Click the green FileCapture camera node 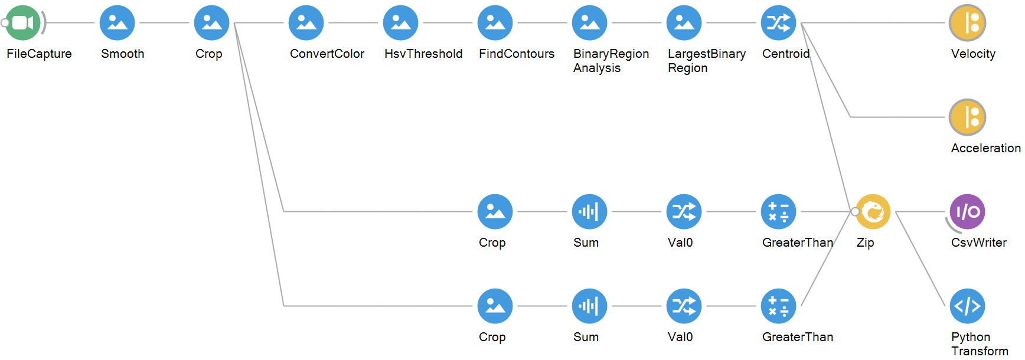click(x=23, y=23)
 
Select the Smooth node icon click(x=117, y=23)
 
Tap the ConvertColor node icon click(x=306, y=23)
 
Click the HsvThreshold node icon click(x=401, y=23)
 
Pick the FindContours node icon click(x=495, y=23)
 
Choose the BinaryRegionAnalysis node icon click(x=590, y=23)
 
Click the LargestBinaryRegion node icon click(x=684, y=23)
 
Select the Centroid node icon click(x=779, y=23)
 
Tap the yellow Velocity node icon click(x=968, y=23)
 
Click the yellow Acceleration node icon click(x=968, y=117)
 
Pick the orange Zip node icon click(x=873, y=212)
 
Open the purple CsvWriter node click(x=968, y=212)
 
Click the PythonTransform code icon click(x=968, y=306)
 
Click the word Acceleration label click(x=985, y=148)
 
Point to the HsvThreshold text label click(x=423, y=54)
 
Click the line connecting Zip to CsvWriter click(x=920, y=212)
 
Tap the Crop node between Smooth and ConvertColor click(x=212, y=23)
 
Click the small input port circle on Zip click(x=855, y=211)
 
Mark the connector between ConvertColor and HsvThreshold click(x=353, y=23)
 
